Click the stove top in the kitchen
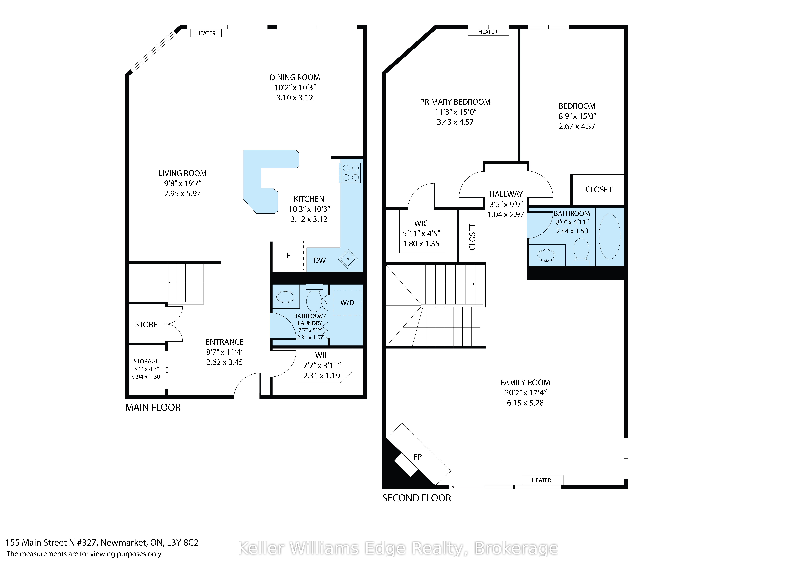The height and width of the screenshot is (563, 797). pos(350,172)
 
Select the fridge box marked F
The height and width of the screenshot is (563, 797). pos(288,256)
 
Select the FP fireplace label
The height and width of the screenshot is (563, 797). pos(417,457)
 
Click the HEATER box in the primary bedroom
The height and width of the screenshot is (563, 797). pos(488,32)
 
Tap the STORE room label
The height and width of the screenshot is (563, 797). pos(146,325)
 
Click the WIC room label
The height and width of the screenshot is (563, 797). pos(421,223)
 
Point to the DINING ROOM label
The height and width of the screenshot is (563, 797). pos(295,77)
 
